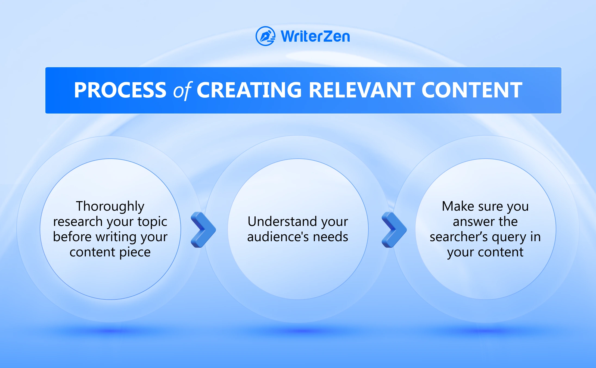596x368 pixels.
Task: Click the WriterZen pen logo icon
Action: [265, 36]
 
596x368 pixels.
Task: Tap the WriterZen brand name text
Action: [315, 36]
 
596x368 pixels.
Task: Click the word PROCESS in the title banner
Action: [120, 90]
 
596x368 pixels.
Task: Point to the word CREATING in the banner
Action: [249, 90]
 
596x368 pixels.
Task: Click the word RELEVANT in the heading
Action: [362, 90]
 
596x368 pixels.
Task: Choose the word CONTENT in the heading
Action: [472, 90]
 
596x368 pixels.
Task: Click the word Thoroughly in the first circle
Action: [110, 207]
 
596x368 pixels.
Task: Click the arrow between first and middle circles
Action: [203, 229]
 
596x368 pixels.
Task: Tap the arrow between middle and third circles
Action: [394, 229]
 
